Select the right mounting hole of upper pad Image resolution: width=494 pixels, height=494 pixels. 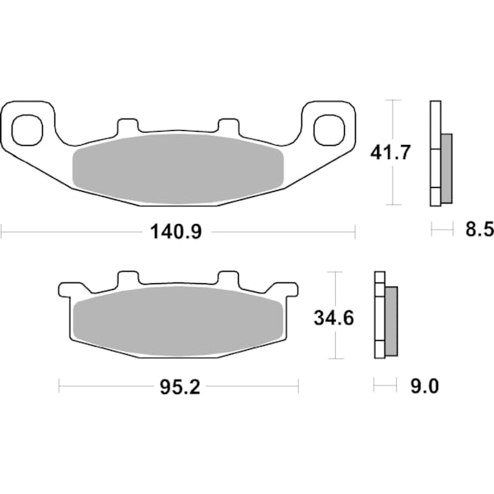click(328, 127)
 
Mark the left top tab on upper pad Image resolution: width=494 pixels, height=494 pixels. click(127, 126)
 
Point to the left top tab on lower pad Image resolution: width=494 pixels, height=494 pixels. click(127, 279)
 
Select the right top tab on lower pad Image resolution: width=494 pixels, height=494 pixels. click(227, 279)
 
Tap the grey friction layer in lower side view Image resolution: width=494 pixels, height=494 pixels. click(391, 320)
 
